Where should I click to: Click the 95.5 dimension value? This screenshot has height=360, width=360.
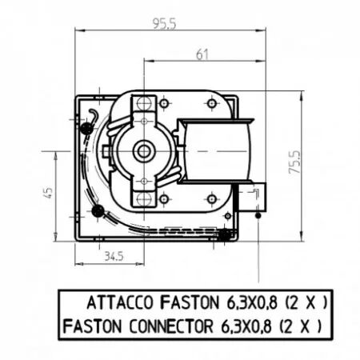pyautogui.click(x=164, y=24)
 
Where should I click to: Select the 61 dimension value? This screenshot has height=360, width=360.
pyautogui.click(x=202, y=54)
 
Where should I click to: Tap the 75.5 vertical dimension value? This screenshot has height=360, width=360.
pyautogui.click(x=295, y=162)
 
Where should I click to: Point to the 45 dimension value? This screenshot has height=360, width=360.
pyautogui.click(x=49, y=192)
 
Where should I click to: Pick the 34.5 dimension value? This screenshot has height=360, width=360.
pyautogui.click(x=114, y=257)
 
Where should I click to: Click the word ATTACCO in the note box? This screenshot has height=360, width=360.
pyautogui.click(x=120, y=302)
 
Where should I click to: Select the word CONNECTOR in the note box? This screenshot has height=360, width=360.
pyautogui.click(x=171, y=326)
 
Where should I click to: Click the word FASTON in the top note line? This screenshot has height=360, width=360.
pyautogui.click(x=189, y=302)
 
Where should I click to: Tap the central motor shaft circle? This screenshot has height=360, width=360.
pyautogui.click(x=144, y=151)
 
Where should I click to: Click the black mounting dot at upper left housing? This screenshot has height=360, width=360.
pyautogui.click(x=86, y=129)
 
